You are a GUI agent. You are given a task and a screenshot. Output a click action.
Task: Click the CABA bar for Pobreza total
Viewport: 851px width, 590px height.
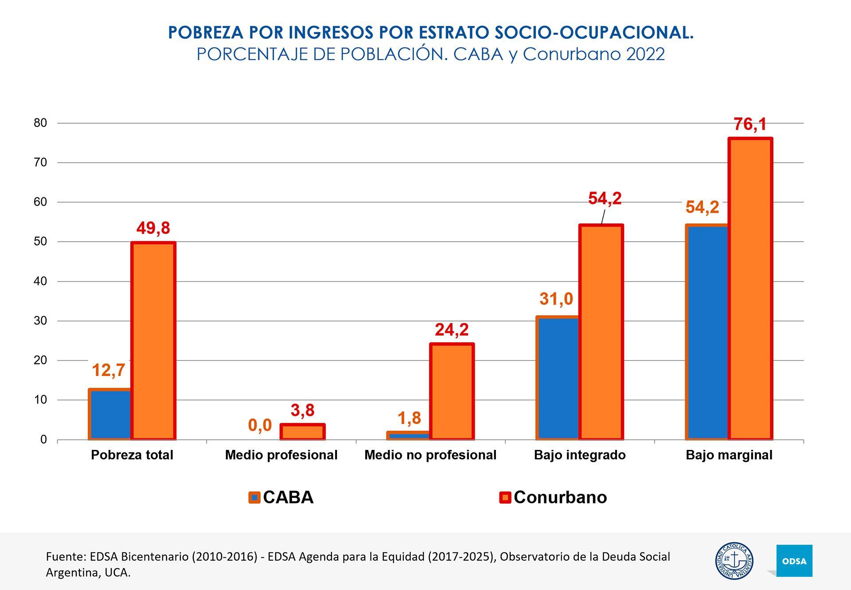(110, 414)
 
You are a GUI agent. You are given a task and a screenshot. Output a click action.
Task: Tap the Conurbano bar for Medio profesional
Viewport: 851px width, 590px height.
(303, 432)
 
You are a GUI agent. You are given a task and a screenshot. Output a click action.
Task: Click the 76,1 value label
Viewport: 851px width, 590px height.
(750, 125)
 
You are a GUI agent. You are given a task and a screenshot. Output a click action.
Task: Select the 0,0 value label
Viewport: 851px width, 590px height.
(260, 425)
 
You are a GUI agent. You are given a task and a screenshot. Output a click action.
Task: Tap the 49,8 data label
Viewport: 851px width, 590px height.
(153, 228)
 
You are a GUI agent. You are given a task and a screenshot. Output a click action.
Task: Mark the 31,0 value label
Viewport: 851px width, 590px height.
(556, 299)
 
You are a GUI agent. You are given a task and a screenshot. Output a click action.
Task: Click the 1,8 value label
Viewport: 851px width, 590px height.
(409, 418)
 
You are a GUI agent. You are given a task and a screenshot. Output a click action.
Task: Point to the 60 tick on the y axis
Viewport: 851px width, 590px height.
(40, 202)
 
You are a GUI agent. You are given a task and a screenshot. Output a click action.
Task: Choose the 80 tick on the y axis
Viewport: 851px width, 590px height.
(40, 123)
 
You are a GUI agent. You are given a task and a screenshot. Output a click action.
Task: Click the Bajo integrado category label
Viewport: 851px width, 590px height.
(580, 455)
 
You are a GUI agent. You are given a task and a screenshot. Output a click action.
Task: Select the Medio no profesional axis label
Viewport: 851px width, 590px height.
(430, 455)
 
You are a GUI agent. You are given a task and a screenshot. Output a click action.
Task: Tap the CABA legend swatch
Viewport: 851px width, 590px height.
(254, 497)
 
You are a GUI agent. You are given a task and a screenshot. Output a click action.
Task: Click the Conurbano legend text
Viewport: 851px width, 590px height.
(560, 497)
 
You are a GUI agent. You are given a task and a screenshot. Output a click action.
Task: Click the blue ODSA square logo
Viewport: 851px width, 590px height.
(794, 561)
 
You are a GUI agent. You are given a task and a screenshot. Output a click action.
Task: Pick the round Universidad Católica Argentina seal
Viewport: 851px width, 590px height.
(734, 561)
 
